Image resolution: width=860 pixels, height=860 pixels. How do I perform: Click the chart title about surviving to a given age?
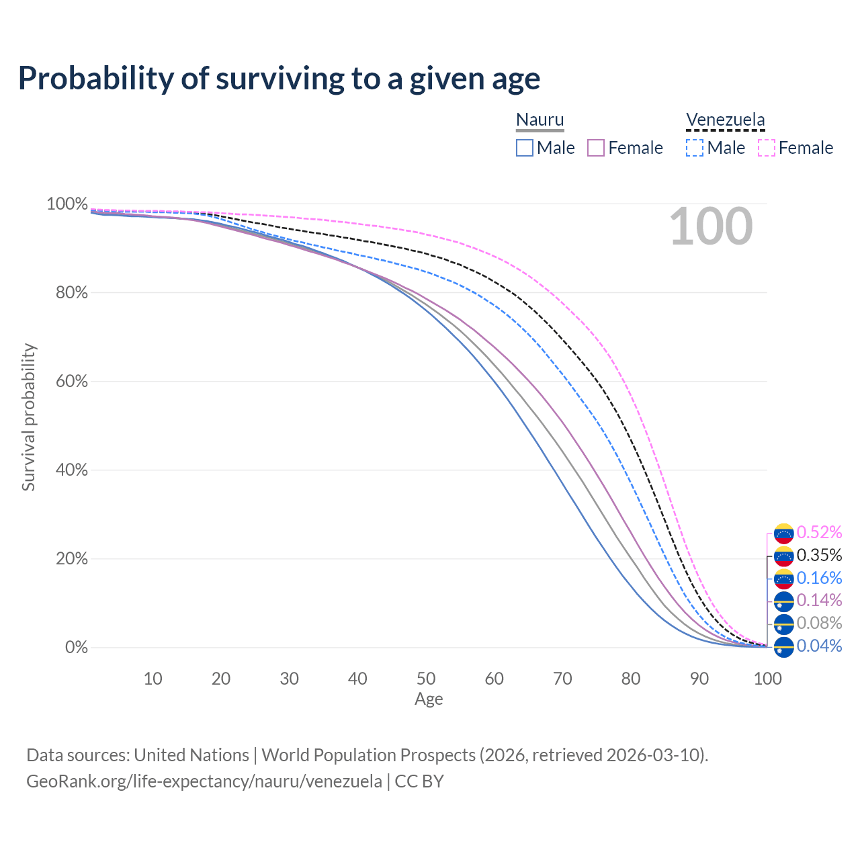(x=279, y=79)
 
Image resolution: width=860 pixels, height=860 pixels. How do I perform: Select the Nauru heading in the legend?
(x=540, y=120)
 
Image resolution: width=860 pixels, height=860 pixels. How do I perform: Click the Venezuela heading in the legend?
(x=725, y=120)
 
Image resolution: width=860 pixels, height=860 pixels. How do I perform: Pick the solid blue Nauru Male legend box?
(x=525, y=148)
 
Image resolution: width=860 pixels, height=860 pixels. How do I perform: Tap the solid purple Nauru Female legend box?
(x=596, y=148)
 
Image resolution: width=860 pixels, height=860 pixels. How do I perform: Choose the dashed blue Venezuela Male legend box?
(x=695, y=148)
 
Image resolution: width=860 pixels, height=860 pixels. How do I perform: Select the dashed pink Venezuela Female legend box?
(x=766, y=148)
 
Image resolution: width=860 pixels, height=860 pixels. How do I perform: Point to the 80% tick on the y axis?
(x=67, y=293)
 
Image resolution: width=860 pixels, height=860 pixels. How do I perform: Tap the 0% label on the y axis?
(x=76, y=648)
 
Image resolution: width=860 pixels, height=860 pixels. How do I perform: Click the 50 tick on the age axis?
(x=426, y=679)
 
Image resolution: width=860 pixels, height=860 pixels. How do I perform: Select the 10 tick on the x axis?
(x=153, y=679)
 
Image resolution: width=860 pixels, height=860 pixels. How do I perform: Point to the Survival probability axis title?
(x=28, y=417)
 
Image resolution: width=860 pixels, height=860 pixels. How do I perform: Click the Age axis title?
(x=429, y=699)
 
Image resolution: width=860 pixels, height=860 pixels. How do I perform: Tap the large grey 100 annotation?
(x=711, y=226)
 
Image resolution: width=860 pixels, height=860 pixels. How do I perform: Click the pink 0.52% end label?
(x=819, y=533)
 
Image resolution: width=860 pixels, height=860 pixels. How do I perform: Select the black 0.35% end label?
(x=819, y=556)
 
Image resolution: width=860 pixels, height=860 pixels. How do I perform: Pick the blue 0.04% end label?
(x=819, y=646)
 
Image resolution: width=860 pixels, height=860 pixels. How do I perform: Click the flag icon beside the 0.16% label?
(x=784, y=578)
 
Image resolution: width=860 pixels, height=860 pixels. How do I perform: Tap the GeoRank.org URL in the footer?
(x=204, y=781)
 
